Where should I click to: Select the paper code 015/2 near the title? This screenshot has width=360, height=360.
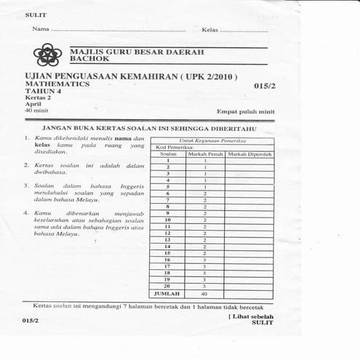click(x=265, y=86)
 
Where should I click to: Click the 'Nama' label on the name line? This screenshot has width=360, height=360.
click(x=40, y=30)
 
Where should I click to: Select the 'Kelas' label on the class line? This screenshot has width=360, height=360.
click(x=210, y=30)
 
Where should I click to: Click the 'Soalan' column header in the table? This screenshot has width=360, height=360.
click(x=168, y=153)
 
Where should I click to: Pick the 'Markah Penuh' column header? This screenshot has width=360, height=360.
click(x=204, y=153)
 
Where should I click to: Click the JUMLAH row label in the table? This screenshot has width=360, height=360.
click(x=167, y=294)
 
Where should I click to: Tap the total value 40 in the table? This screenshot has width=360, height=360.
click(x=204, y=294)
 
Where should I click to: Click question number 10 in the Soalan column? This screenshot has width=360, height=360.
click(x=167, y=219)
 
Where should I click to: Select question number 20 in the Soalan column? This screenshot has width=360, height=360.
click(x=167, y=286)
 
